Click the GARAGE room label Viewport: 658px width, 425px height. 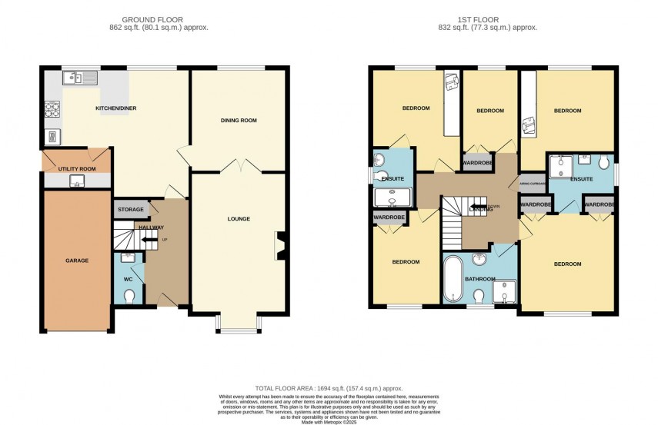77,261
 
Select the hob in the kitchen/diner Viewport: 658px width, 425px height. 52,110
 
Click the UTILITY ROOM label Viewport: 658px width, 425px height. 77,168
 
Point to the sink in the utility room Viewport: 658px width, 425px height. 77,181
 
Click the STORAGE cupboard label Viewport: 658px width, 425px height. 130,209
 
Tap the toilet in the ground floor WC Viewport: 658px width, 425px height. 129,295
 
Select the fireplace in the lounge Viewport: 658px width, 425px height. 279,246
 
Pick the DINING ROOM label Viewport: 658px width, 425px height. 239,121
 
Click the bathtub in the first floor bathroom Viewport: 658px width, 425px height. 452,279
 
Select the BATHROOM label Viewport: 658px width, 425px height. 479,279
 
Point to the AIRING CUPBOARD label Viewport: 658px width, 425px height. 533,184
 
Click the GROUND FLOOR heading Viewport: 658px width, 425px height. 165,18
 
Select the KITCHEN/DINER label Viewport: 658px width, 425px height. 115,108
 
